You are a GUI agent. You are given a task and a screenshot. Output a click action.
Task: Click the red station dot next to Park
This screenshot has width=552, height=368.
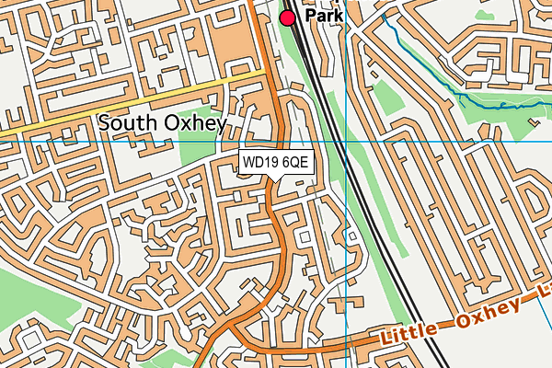coord(288,17)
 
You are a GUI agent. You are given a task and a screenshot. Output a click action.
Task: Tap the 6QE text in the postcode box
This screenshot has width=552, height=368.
coord(296,163)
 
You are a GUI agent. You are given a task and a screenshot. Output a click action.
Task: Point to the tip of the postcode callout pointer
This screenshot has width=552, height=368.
coord(276,181)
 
